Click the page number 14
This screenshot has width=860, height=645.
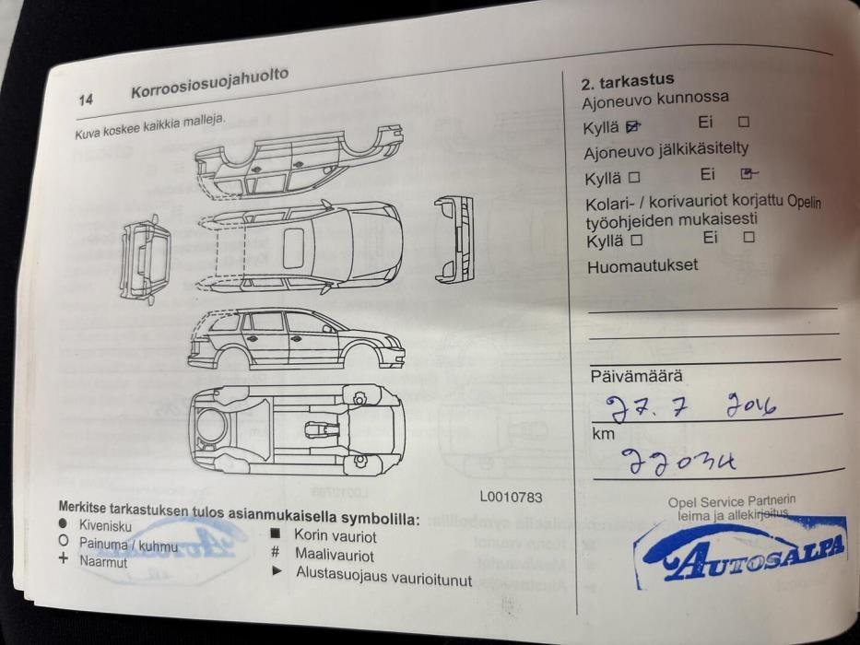click(86, 100)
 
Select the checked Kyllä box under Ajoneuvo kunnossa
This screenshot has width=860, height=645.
click(632, 125)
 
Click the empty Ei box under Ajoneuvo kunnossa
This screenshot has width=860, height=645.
click(744, 122)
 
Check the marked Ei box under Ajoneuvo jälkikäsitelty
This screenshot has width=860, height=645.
click(748, 173)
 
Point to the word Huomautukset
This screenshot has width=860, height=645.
click(642, 266)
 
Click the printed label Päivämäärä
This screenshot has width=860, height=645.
click(636, 376)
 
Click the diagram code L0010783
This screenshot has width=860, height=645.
click(511, 498)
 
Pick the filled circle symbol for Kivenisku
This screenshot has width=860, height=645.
click(64, 524)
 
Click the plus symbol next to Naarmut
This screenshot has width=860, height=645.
click(63, 559)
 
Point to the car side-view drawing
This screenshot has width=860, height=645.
click(295, 338)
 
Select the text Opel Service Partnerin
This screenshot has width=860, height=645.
click(731, 502)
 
